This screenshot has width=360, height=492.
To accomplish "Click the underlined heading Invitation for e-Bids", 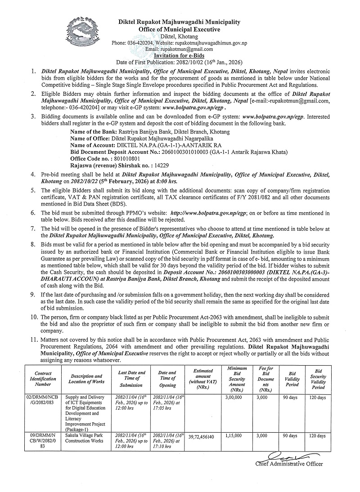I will (x=180, y=55).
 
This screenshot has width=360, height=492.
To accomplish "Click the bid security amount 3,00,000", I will (x=233, y=398).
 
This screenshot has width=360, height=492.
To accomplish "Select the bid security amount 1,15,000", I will (x=233, y=436).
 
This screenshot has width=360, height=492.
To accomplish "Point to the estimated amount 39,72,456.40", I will (x=201, y=436).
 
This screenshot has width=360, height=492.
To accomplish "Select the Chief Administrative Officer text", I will (x=289, y=464).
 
